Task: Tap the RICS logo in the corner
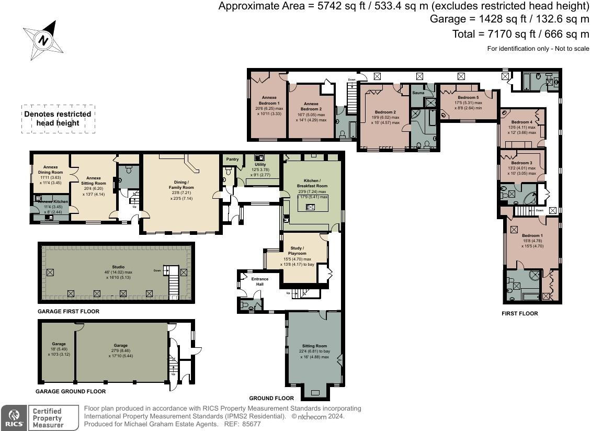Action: [13, 417]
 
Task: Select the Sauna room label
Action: [418, 93]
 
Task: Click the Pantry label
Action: [232, 159]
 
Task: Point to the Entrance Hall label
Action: [259, 281]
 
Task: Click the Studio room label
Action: [118, 267]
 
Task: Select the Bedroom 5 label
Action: [468, 98]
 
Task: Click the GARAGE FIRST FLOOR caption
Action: [68, 311]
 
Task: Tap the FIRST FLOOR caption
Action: [519, 313]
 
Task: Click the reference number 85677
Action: [251, 424]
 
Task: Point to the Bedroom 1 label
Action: [531, 235]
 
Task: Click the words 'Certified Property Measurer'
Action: [47, 418]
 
